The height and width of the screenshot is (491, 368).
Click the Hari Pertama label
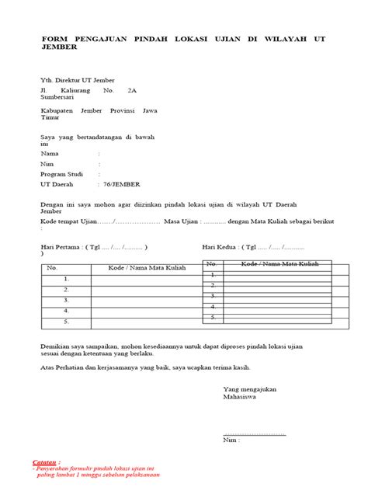tap(61, 249)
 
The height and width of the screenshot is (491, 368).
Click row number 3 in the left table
tap(68, 299)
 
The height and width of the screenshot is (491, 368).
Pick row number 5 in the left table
tap(68, 320)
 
